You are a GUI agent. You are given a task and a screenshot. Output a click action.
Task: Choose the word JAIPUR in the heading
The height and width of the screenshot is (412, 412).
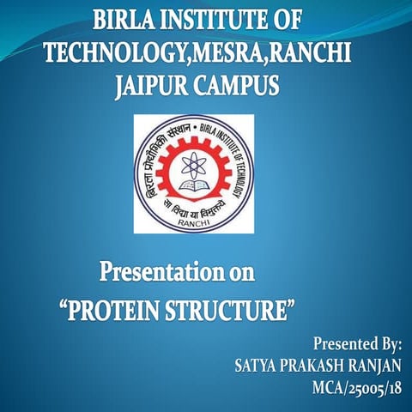click(x=161, y=87)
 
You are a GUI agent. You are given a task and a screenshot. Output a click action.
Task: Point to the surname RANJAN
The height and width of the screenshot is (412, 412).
click(x=377, y=366)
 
